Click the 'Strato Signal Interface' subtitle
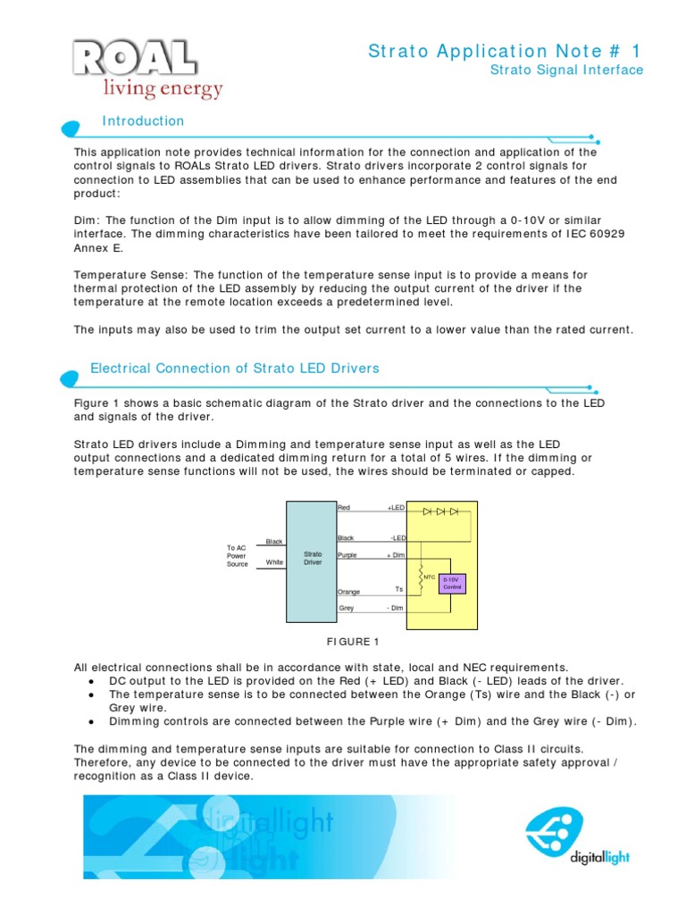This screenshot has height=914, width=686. [568, 70]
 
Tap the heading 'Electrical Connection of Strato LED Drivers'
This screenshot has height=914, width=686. [235, 368]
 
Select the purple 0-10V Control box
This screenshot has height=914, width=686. [452, 584]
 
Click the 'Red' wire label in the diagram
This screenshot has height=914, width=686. [344, 507]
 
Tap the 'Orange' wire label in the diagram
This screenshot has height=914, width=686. [348, 591]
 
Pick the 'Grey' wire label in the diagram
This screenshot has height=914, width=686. [347, 608]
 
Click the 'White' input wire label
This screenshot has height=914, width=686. [274, 562]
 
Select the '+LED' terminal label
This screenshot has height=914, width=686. [396, 507]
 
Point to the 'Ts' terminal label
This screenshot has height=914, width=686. [399, 589]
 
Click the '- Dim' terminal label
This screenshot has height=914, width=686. [395, 608]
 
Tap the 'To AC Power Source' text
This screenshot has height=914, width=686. [237, 556]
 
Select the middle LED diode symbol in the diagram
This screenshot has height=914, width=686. [440, 511]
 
